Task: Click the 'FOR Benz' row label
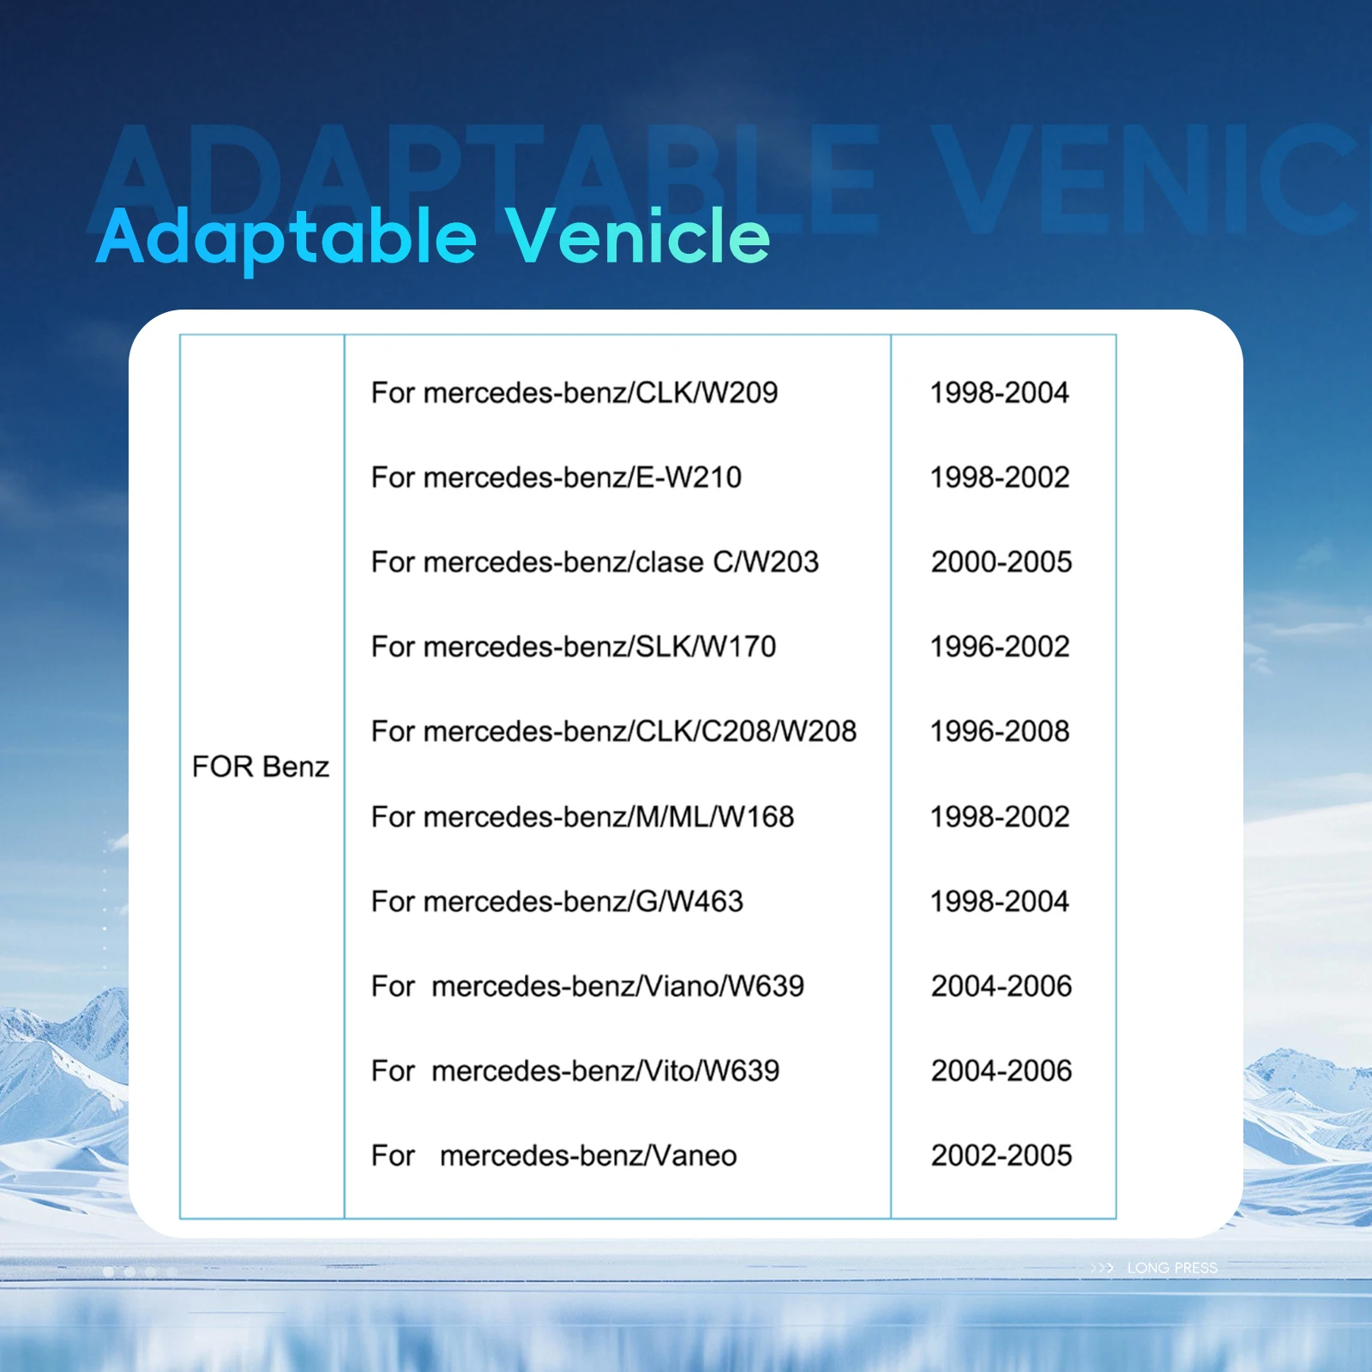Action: click(x=261, y=767)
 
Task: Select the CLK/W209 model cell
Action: click(x=575, y=393)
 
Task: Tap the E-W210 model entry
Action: click(x=557, y=478)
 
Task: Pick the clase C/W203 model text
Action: click(x=595, y=563)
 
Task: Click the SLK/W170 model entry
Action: click(x=574, y=647)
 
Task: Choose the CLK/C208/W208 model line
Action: click(x=614, y=731)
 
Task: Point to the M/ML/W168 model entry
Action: click(x=583, y=817)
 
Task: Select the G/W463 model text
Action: click(x=557, y=902)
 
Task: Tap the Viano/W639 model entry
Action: click(x=588, y=987)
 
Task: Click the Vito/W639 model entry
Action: click(x=575, y=1071)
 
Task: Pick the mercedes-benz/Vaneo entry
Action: click(x=554, y=1156)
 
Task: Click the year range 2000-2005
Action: click(x=1002, y=563)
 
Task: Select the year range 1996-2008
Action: click(x=1000, y=731)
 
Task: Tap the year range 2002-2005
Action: click(x=1002, y=1156)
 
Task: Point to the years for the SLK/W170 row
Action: click(x=1000, y=647)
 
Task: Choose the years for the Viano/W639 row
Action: click(x=1002, y=987)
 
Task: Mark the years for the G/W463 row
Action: click(x=1000, y=902)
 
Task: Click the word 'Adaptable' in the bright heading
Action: click(x=286, y=238)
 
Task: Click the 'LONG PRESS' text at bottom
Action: click(x=1172, y=1268)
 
